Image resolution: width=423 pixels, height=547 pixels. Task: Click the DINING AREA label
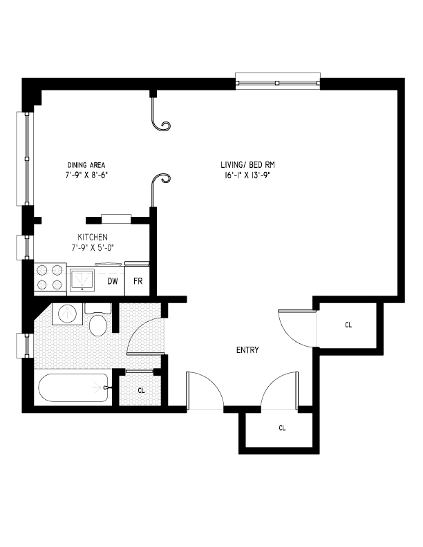coord(86,164)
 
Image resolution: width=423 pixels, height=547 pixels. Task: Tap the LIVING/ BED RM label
coord(252,164)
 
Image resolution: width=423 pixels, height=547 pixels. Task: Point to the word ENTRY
coord(247,350)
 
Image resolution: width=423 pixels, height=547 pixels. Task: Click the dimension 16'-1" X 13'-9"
coord(252,175)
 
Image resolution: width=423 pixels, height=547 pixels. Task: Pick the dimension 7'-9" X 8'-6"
coord(86,175)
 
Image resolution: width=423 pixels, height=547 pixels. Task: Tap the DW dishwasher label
coord(112,281)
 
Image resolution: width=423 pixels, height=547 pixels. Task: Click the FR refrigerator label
coord(138,281)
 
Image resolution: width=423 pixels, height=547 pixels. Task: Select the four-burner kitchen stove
coord(49,278)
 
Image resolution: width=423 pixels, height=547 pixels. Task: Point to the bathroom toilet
coord(97,322)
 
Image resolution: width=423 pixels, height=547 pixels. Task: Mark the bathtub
coord(73,387)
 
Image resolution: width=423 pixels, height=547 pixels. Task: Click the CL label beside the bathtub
coord(141,391)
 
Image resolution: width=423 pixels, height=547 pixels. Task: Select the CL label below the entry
coord(282,428)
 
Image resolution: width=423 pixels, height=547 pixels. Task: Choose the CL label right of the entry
coord(348,325)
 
